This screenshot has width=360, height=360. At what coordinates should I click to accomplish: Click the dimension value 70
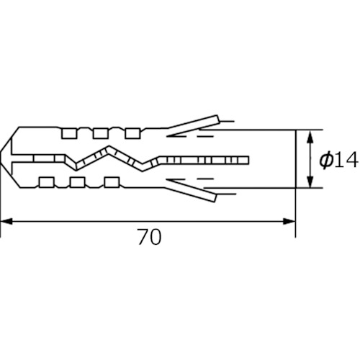tap(149, 237)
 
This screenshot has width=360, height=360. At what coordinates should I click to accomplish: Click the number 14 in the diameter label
tap(346, 161)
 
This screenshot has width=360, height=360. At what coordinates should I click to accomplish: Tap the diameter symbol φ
tap(326, 161)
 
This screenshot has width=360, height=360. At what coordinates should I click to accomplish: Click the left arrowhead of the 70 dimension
tap(6, 221)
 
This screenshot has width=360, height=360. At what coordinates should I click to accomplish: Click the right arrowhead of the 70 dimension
tap(289, 221)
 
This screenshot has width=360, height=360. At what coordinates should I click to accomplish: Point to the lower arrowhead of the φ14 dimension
tap(310, 181)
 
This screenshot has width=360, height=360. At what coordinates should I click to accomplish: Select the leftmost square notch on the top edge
tap(69, 133)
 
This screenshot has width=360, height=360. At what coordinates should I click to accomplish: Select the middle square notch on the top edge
tap(101, 133)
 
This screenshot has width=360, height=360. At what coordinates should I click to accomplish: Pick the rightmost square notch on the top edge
tap(132, 133)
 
